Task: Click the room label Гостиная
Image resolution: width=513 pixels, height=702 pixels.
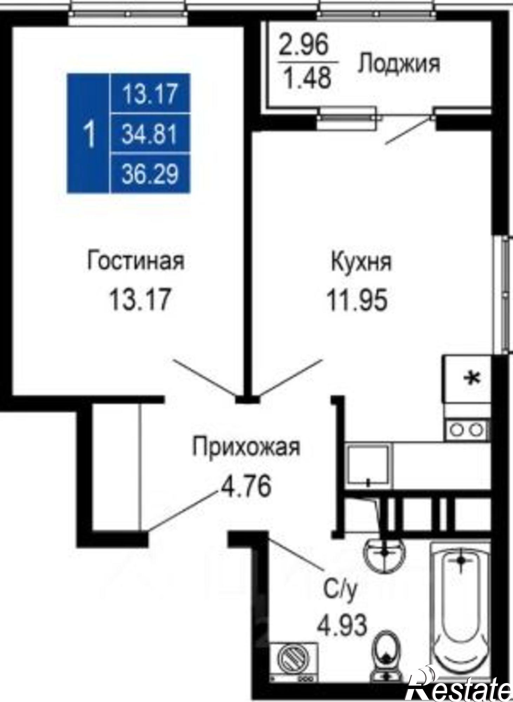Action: (x=136, y=261)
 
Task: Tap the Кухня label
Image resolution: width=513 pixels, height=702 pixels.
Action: (x=361, y=262)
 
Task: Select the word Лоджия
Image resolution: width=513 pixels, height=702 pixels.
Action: (x=399, y=64)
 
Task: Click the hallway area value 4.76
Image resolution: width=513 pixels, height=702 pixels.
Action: (x=246, y=486)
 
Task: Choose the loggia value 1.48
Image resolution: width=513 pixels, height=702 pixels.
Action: (x=307, y=78)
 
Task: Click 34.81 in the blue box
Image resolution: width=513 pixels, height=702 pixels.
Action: (x=149, y=134)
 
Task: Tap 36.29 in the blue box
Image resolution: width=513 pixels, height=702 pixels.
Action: (x=150, y=174)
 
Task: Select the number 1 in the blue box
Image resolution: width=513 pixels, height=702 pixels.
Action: (x=90, y=134)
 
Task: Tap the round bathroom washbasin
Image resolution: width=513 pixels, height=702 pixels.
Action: (x=385, y=555)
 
